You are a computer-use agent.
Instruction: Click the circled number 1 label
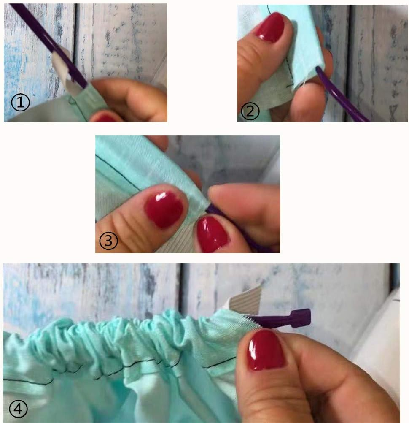pyautogui.click(x=20, y=103)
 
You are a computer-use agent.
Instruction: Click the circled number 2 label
pyautogui.click(x=250, y=111)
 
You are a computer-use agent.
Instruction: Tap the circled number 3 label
pyautogui.click(x=109, y=241)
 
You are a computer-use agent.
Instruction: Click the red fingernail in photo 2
pyautogui.click(x=270, y=27)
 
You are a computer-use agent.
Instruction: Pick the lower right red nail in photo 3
pyautogui.click(x=213, y=234)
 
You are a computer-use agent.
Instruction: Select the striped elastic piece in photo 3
pyautogui.click(x=177, y=245)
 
